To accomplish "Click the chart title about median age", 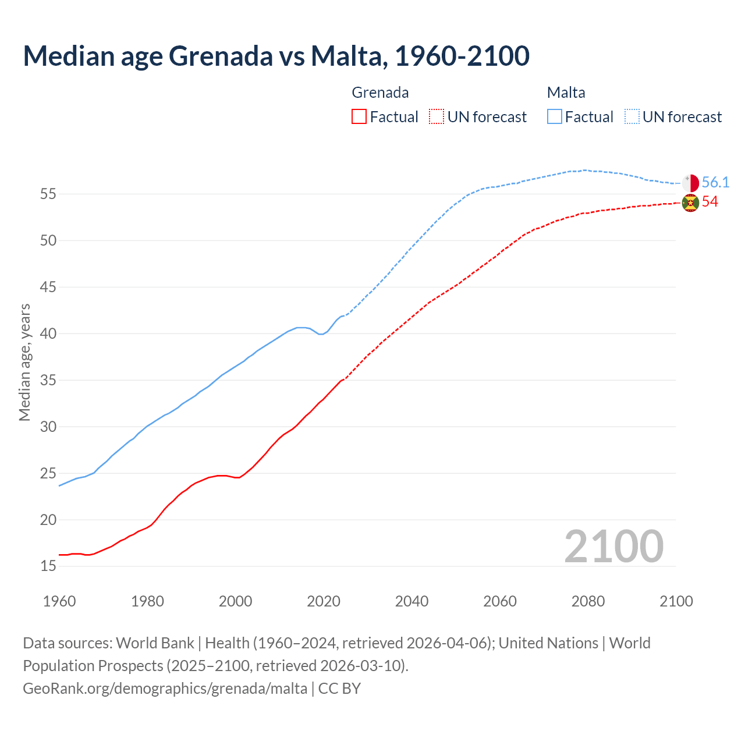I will [x=276, y=56].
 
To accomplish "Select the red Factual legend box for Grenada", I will [x=359, y=117].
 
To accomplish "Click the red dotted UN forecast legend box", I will [x=437, y=117].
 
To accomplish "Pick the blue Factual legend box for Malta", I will [x=555, y=117].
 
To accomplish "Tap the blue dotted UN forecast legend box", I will [x=632, y=117].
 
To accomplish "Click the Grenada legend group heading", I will [x=380, y=93].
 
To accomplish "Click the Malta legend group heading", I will [x=566, y=93].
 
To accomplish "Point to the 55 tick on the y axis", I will [x=48, y=194].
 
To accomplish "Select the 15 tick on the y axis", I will [x=48, y=566].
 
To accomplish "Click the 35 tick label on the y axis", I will [x=48, y=380].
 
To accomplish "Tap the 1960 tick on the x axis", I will [x=59, y=601].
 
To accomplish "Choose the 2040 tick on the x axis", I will [x=411, y=601].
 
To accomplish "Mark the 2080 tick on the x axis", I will [x=588, y=601].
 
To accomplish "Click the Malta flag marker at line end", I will [x=690, y=183].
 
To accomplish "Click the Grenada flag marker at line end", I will [x=690, y=203].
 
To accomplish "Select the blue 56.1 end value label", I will [x=715, y=183].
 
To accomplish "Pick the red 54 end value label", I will [x=710, y=202].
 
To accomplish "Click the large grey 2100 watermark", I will [x=613, y=547].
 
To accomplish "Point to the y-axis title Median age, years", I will [x=24, y=362].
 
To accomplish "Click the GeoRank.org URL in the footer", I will [x=165, y=689].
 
